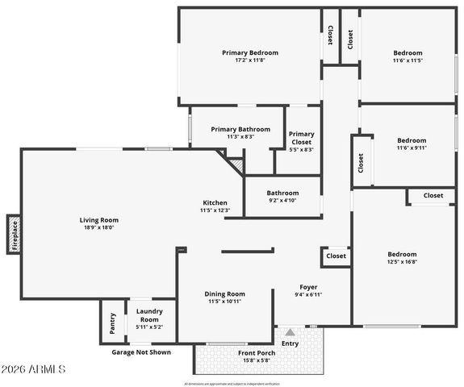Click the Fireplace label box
(14, 234)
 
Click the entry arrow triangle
(290, 331)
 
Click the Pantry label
(112, 323)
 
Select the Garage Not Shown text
(140, 352)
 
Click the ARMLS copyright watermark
(35, 369)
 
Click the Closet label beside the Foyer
(336, 256)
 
